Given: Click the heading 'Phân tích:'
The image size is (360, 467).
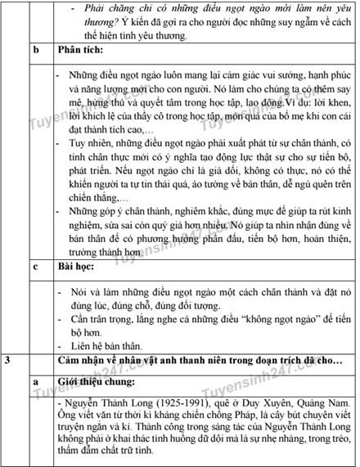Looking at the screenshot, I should tap(82, 49).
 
